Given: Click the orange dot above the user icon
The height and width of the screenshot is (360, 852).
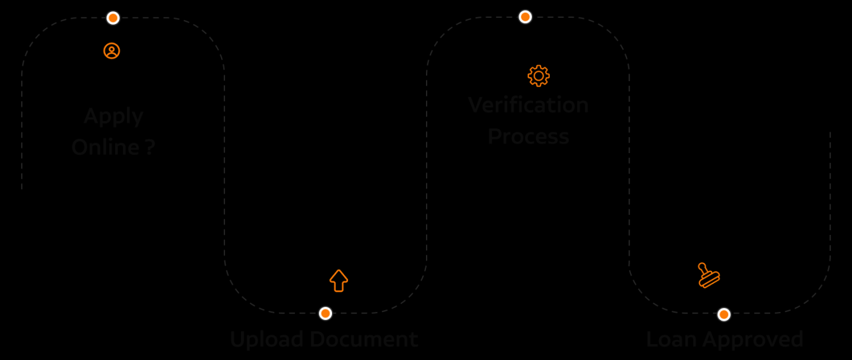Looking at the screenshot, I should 113,18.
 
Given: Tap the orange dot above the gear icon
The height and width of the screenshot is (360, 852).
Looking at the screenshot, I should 525,17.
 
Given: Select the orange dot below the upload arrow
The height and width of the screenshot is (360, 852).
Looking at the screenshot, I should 325,313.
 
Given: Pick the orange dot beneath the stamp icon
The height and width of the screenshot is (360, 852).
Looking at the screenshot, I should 724,314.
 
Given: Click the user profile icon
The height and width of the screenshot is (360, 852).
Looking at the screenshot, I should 112,51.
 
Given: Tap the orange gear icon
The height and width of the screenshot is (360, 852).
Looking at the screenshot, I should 538,76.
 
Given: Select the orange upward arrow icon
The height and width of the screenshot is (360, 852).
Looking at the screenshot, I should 339,280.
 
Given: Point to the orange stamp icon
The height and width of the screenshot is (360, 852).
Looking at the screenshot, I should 708,275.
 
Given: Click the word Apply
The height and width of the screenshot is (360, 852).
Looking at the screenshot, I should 114,117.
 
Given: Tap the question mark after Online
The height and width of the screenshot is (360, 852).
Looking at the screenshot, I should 150,147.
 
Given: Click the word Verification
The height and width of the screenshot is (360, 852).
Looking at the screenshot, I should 529,105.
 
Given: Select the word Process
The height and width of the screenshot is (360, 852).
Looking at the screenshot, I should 529,136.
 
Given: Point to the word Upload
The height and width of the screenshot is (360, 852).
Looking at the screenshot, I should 266,340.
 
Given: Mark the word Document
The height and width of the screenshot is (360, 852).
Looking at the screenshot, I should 363,339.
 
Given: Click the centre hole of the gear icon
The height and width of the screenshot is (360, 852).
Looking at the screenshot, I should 538,76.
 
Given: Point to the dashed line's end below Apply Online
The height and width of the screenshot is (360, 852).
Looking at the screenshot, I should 22,189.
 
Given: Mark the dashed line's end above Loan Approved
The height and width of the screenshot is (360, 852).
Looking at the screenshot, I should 830,132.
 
